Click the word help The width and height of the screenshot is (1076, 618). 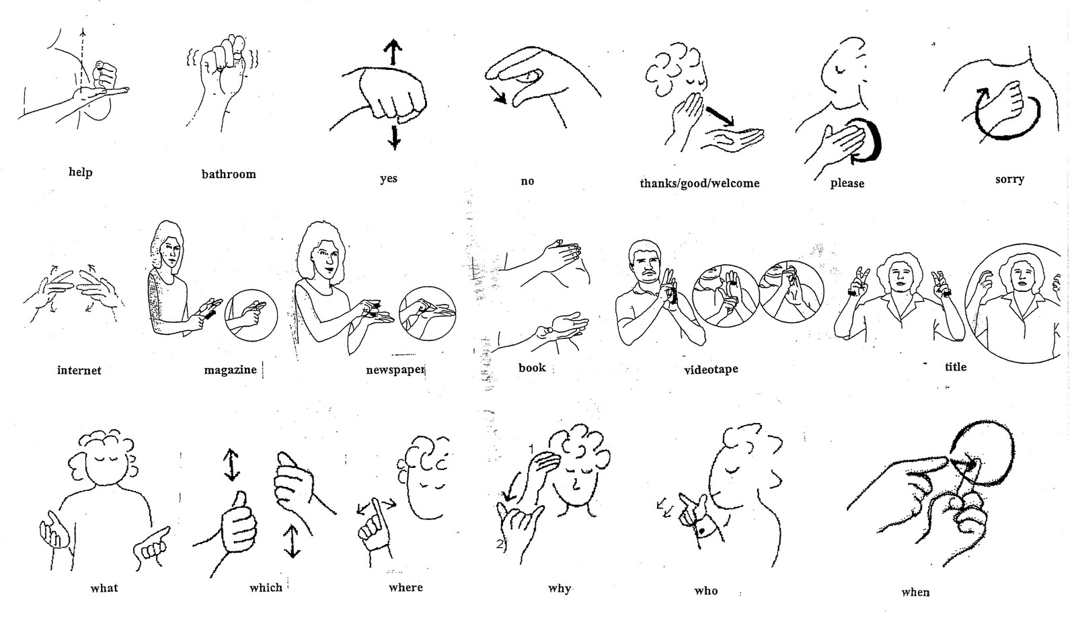click(80, 172)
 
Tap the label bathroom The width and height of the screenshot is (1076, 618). click(229, 174)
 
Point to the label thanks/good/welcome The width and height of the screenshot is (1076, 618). click(699, 183)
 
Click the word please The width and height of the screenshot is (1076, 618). click(847, 183)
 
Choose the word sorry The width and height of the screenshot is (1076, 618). click(1009, 179)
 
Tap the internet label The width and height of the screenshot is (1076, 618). click(79, 370)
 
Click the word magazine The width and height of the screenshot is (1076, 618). click(231, 370)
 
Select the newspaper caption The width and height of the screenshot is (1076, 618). click(395, 370)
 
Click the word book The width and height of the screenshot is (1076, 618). click(532, 368)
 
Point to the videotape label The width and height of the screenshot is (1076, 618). click(711, 370)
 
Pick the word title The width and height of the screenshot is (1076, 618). click(955, 366)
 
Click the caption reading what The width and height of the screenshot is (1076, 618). click(104, 588)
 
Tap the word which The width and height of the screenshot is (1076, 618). click(266, 588)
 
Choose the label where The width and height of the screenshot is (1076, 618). click(406, 588)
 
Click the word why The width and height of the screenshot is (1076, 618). click(559, 588)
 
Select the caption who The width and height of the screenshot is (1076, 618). click(706, 591)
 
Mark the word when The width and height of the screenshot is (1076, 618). click(915, 592)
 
